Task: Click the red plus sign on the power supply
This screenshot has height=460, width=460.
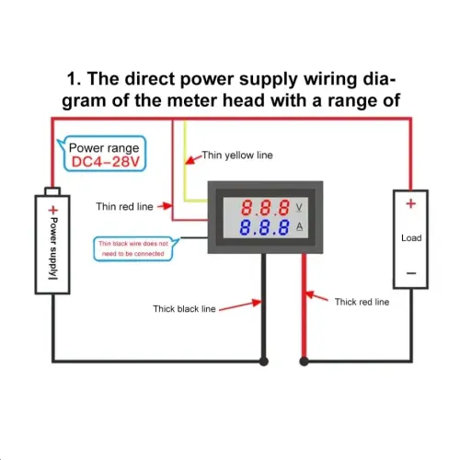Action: (x=53, y=210)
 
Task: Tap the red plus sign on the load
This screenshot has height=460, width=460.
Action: (x=410, y=203)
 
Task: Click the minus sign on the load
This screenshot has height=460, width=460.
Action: (x=411, y=273)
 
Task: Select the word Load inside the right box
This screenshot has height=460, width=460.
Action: (x=411, y=238)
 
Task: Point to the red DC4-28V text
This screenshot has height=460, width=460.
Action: (x=106, y=162)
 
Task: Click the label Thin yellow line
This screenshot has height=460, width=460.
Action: (x=237, y=155)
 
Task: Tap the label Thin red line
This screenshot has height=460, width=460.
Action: (x=124, y=206)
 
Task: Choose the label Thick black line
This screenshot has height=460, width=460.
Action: (x=184, y=309)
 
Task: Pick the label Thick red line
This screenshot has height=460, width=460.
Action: (x=362, y=302)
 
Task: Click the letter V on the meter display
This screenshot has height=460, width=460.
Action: (x=299, y=208)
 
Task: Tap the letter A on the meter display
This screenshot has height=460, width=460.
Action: (x=299, y=226)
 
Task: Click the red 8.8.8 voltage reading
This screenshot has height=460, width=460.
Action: (x=265, y=208)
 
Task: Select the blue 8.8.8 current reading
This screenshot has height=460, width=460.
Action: (x=264, y=227)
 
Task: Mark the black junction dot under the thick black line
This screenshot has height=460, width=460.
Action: (x=264, y=362)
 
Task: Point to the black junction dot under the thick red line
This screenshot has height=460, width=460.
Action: (x=304, y=362)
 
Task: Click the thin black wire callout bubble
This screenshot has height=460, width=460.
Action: (x=133, y=248)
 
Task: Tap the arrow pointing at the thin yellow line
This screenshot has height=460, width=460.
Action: (x=194, y=159)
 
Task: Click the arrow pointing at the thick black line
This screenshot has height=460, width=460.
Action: (x=240, y=305)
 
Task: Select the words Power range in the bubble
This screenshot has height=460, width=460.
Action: (x=104, y=148)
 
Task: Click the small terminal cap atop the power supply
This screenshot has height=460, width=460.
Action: (x=52, y=191)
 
